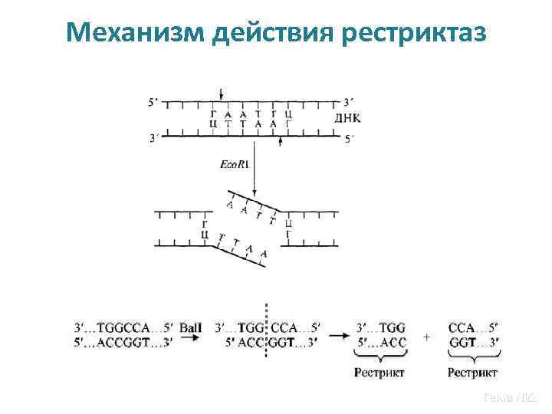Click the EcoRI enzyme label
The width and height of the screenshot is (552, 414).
coord(234,164)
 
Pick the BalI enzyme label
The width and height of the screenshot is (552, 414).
coord(190,327)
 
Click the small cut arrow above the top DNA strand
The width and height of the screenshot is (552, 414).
coord(222,94)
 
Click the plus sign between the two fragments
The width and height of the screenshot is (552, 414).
coord(426,337)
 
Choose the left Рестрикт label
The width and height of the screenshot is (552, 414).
coord(379,373)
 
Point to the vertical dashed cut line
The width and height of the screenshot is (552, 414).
coord(266,337)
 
